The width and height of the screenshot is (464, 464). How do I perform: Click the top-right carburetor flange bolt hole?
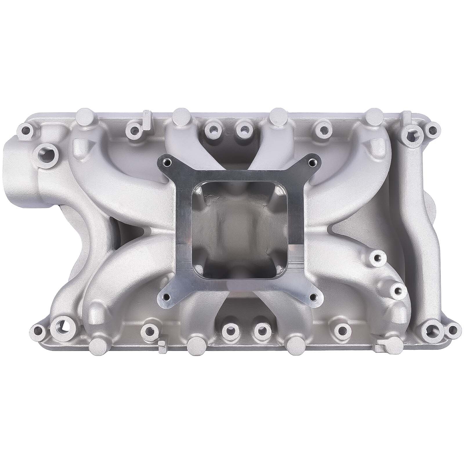pyautogui.click(x=312, y=161)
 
